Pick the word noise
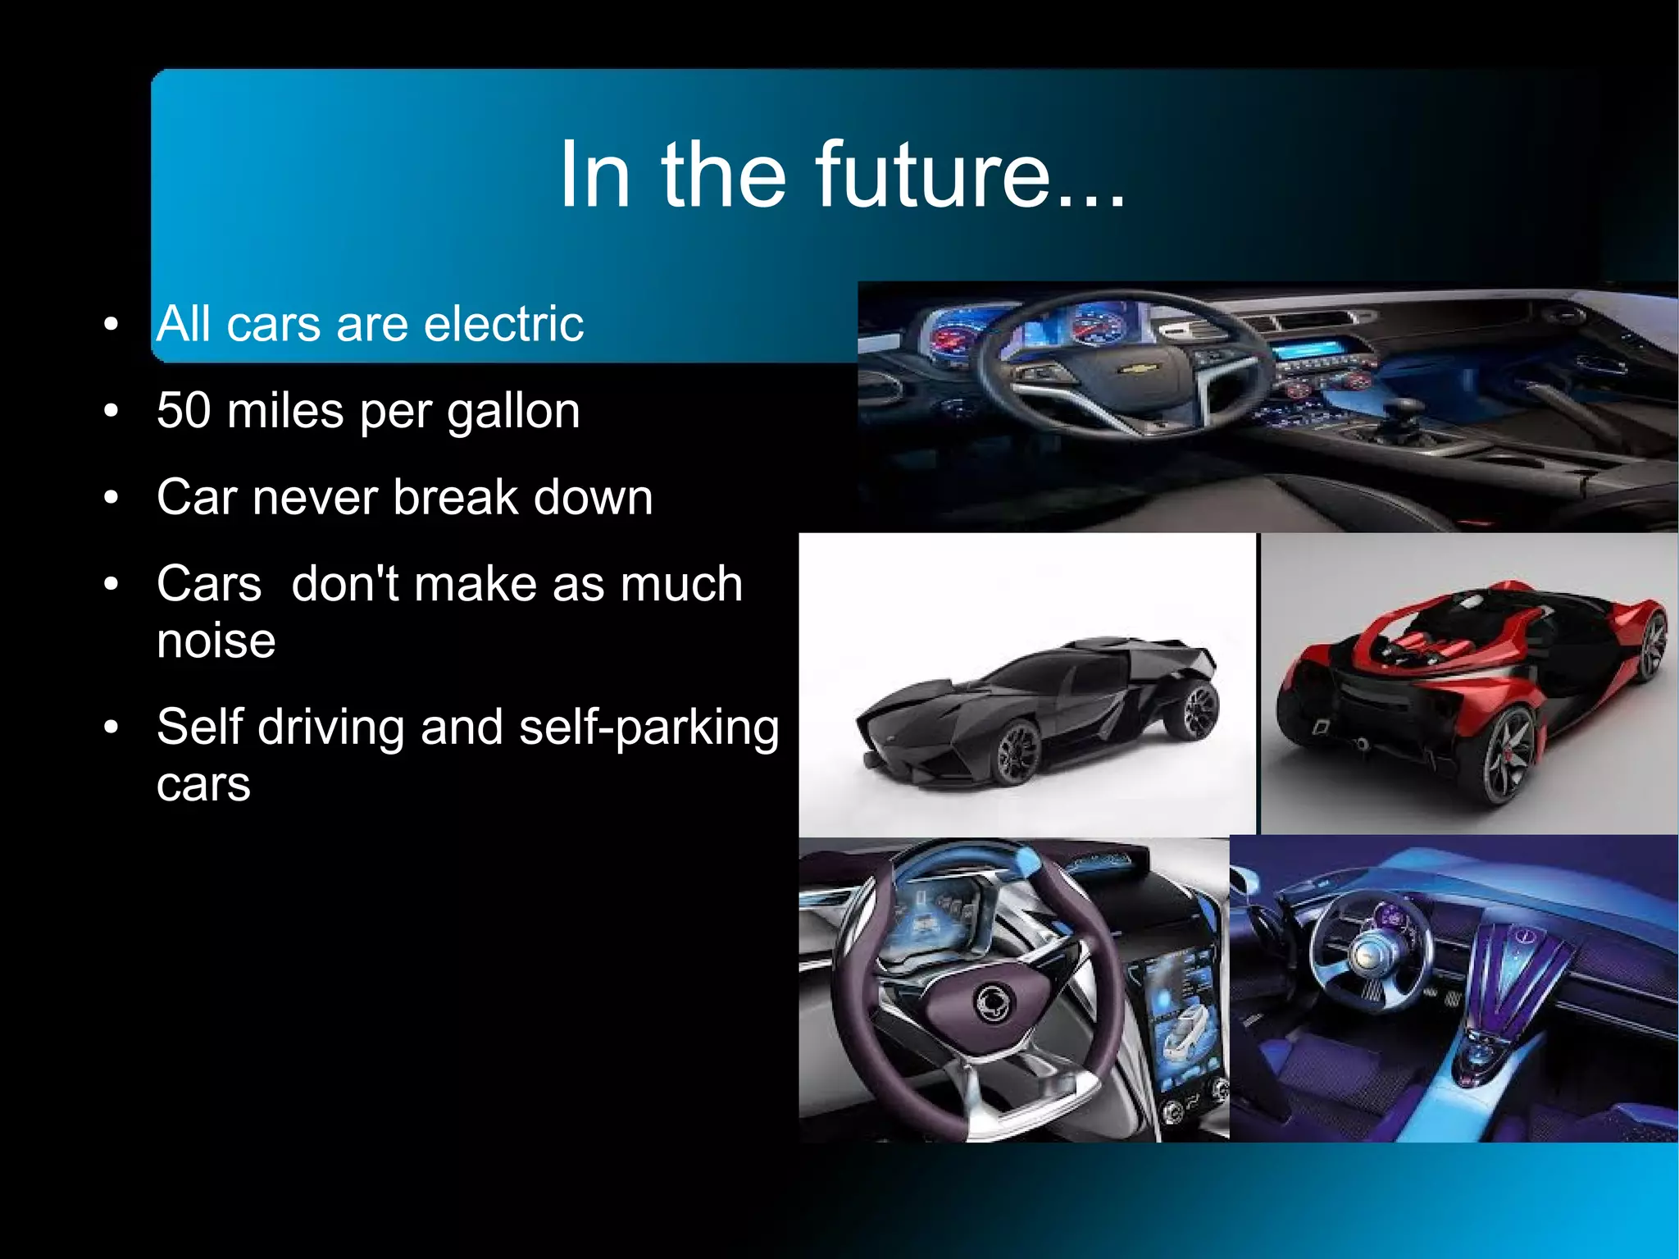click(216, 641)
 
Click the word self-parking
click(648, 728)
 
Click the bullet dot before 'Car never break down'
click(112, 498)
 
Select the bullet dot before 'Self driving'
click(112, 728)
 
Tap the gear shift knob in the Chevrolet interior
click(1408, 408)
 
